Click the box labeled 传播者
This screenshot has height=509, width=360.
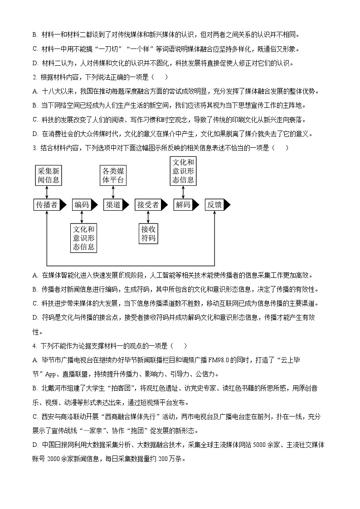46,205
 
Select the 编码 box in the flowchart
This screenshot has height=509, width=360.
82,205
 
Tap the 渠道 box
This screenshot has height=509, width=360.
113,205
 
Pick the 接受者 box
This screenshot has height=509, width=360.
148,205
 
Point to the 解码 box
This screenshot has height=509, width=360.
183,205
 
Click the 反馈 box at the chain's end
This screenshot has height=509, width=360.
214,205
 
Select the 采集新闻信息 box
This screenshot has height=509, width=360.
48,175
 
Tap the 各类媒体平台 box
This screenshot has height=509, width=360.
113,175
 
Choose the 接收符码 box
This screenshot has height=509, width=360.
148,233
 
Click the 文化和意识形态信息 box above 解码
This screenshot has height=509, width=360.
183,171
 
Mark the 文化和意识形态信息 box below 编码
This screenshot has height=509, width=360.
83,238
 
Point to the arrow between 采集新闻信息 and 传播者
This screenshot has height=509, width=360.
47,192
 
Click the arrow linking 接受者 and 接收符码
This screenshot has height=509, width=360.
148,217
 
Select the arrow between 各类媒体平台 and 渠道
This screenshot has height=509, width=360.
113,192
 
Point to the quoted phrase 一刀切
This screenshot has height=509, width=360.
107,49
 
